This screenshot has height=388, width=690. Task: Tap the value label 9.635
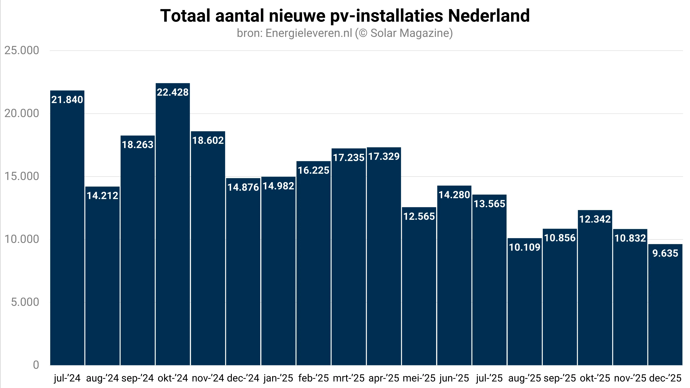tap(665, 253)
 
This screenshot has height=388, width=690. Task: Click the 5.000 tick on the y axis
tap(25, 302)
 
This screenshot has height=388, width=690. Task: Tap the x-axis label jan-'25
tap(278, 378)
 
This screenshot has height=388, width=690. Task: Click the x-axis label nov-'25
tap(630, 378)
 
